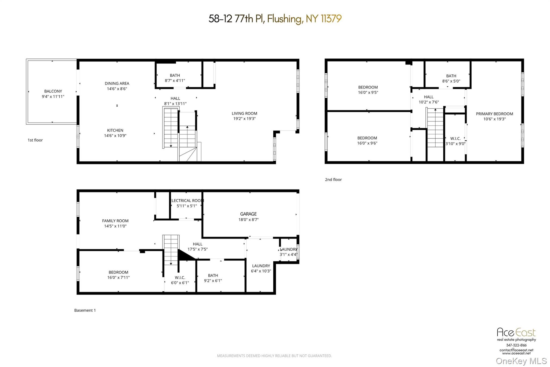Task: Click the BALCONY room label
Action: (53, 91)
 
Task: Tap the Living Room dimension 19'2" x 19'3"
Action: (244, 119)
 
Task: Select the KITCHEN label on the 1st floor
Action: (115, 130)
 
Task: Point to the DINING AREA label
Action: (117, 84)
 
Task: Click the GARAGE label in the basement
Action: (248, 214)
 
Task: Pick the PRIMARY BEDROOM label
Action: (494, 114)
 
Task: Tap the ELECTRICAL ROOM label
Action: (187, 201)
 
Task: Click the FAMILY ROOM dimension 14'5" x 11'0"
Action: (115, 226)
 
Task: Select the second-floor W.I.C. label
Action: (455, 138)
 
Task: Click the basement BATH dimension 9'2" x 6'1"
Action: (213, 281)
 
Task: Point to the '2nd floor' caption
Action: (333, 180)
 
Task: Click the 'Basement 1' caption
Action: (85, 310)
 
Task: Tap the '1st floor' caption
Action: (35, 140)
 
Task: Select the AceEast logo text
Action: (516, 332)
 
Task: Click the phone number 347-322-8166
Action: (516, 345)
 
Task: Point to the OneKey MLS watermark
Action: (521, 361)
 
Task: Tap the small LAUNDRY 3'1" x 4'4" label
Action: (289, 250)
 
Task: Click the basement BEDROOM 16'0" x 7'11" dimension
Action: (118, 277)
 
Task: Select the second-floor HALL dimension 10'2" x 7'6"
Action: (429, 102)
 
